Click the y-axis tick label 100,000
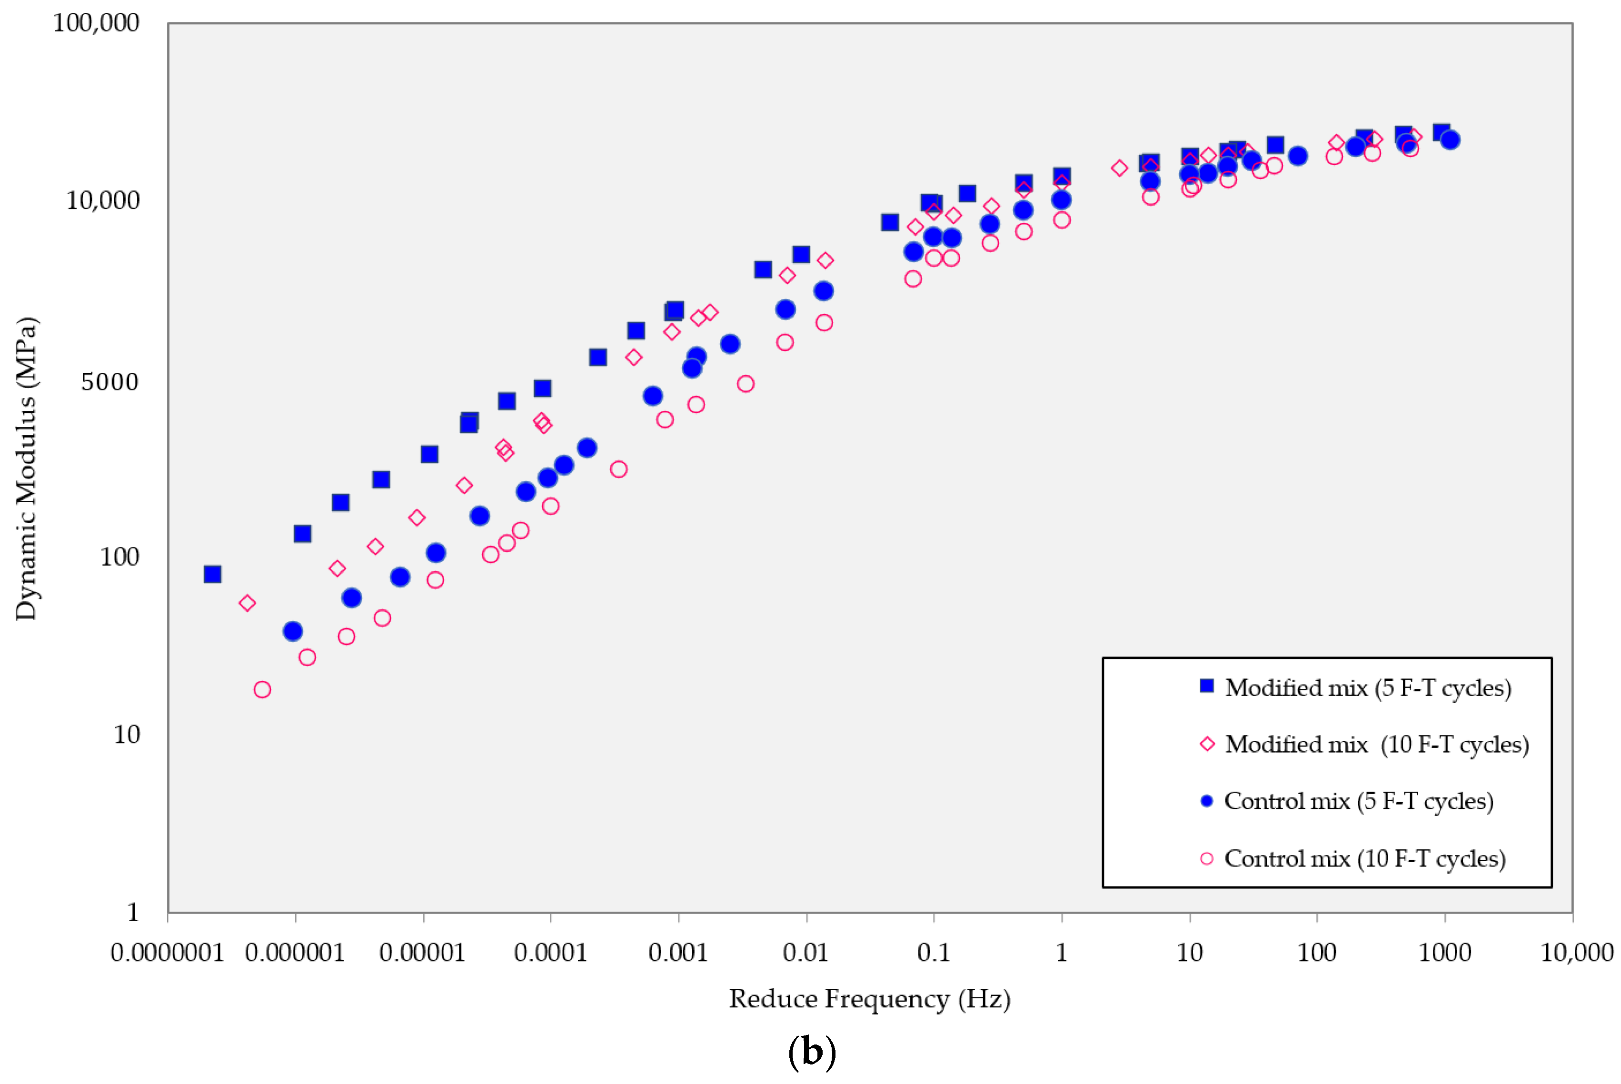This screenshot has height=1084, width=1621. [96, 23]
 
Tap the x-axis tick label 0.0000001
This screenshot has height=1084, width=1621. [167, 953]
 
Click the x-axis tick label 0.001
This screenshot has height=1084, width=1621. [677, 953]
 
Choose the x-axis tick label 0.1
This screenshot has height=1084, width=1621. [933, 953]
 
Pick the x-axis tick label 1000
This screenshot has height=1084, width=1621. [1444, 953]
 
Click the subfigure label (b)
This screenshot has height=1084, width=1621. [812, 1052]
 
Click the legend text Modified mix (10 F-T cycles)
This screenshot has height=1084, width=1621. [1376, 745]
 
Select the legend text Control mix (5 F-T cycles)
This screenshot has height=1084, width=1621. [1358, 801]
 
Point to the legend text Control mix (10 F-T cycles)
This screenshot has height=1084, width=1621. [1364, 859]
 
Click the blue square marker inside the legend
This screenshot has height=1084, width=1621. [1207, 686]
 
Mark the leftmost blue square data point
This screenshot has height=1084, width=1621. [212, 574]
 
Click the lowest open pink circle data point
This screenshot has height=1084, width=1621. [262, 689]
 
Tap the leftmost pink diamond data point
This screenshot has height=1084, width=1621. [247, 603]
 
